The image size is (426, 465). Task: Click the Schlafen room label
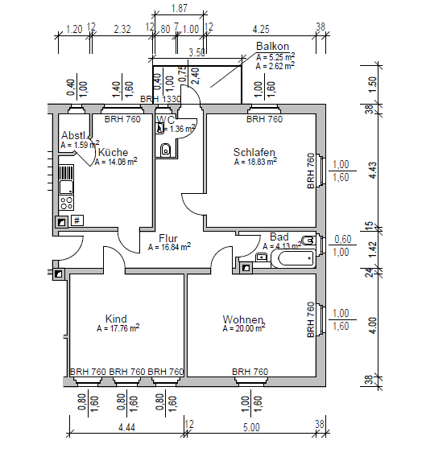coord(254,152)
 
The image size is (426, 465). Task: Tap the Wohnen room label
coord(242,319)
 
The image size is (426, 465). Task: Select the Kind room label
coord(117,319)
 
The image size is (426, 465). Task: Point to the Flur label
coord(168,238)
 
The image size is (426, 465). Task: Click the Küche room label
coord(113,151)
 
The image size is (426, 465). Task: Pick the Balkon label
coord(271,47)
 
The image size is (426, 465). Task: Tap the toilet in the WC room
coord(165,149)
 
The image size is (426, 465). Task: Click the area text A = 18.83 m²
coord(255,162)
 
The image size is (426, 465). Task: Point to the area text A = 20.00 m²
coord(244,329)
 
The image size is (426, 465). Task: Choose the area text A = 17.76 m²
coord(118,328)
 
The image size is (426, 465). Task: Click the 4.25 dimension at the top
coord(260,29)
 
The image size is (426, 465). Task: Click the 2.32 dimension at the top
coord(122,29)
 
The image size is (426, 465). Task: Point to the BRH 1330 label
coord(160,99)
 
